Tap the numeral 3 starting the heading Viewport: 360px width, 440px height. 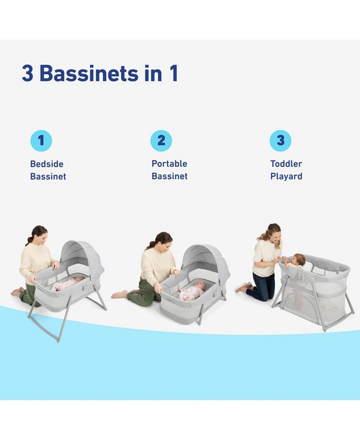click(x=27, y=73)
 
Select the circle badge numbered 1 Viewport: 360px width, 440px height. click(x=41, y=140)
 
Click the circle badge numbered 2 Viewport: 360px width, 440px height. click(x=161, y=140)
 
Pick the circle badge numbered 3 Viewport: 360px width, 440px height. click(x=280, y=140)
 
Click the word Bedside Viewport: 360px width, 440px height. click(x=47, y=164)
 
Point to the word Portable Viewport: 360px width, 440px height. click(x=169, y=164)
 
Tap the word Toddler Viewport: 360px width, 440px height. click(x=286, y=164)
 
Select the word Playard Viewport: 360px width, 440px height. click(x=286, y=177)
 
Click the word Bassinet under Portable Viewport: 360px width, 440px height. click(x=169, y=177)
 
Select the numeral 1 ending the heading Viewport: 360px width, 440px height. click(x=173, y=73)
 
